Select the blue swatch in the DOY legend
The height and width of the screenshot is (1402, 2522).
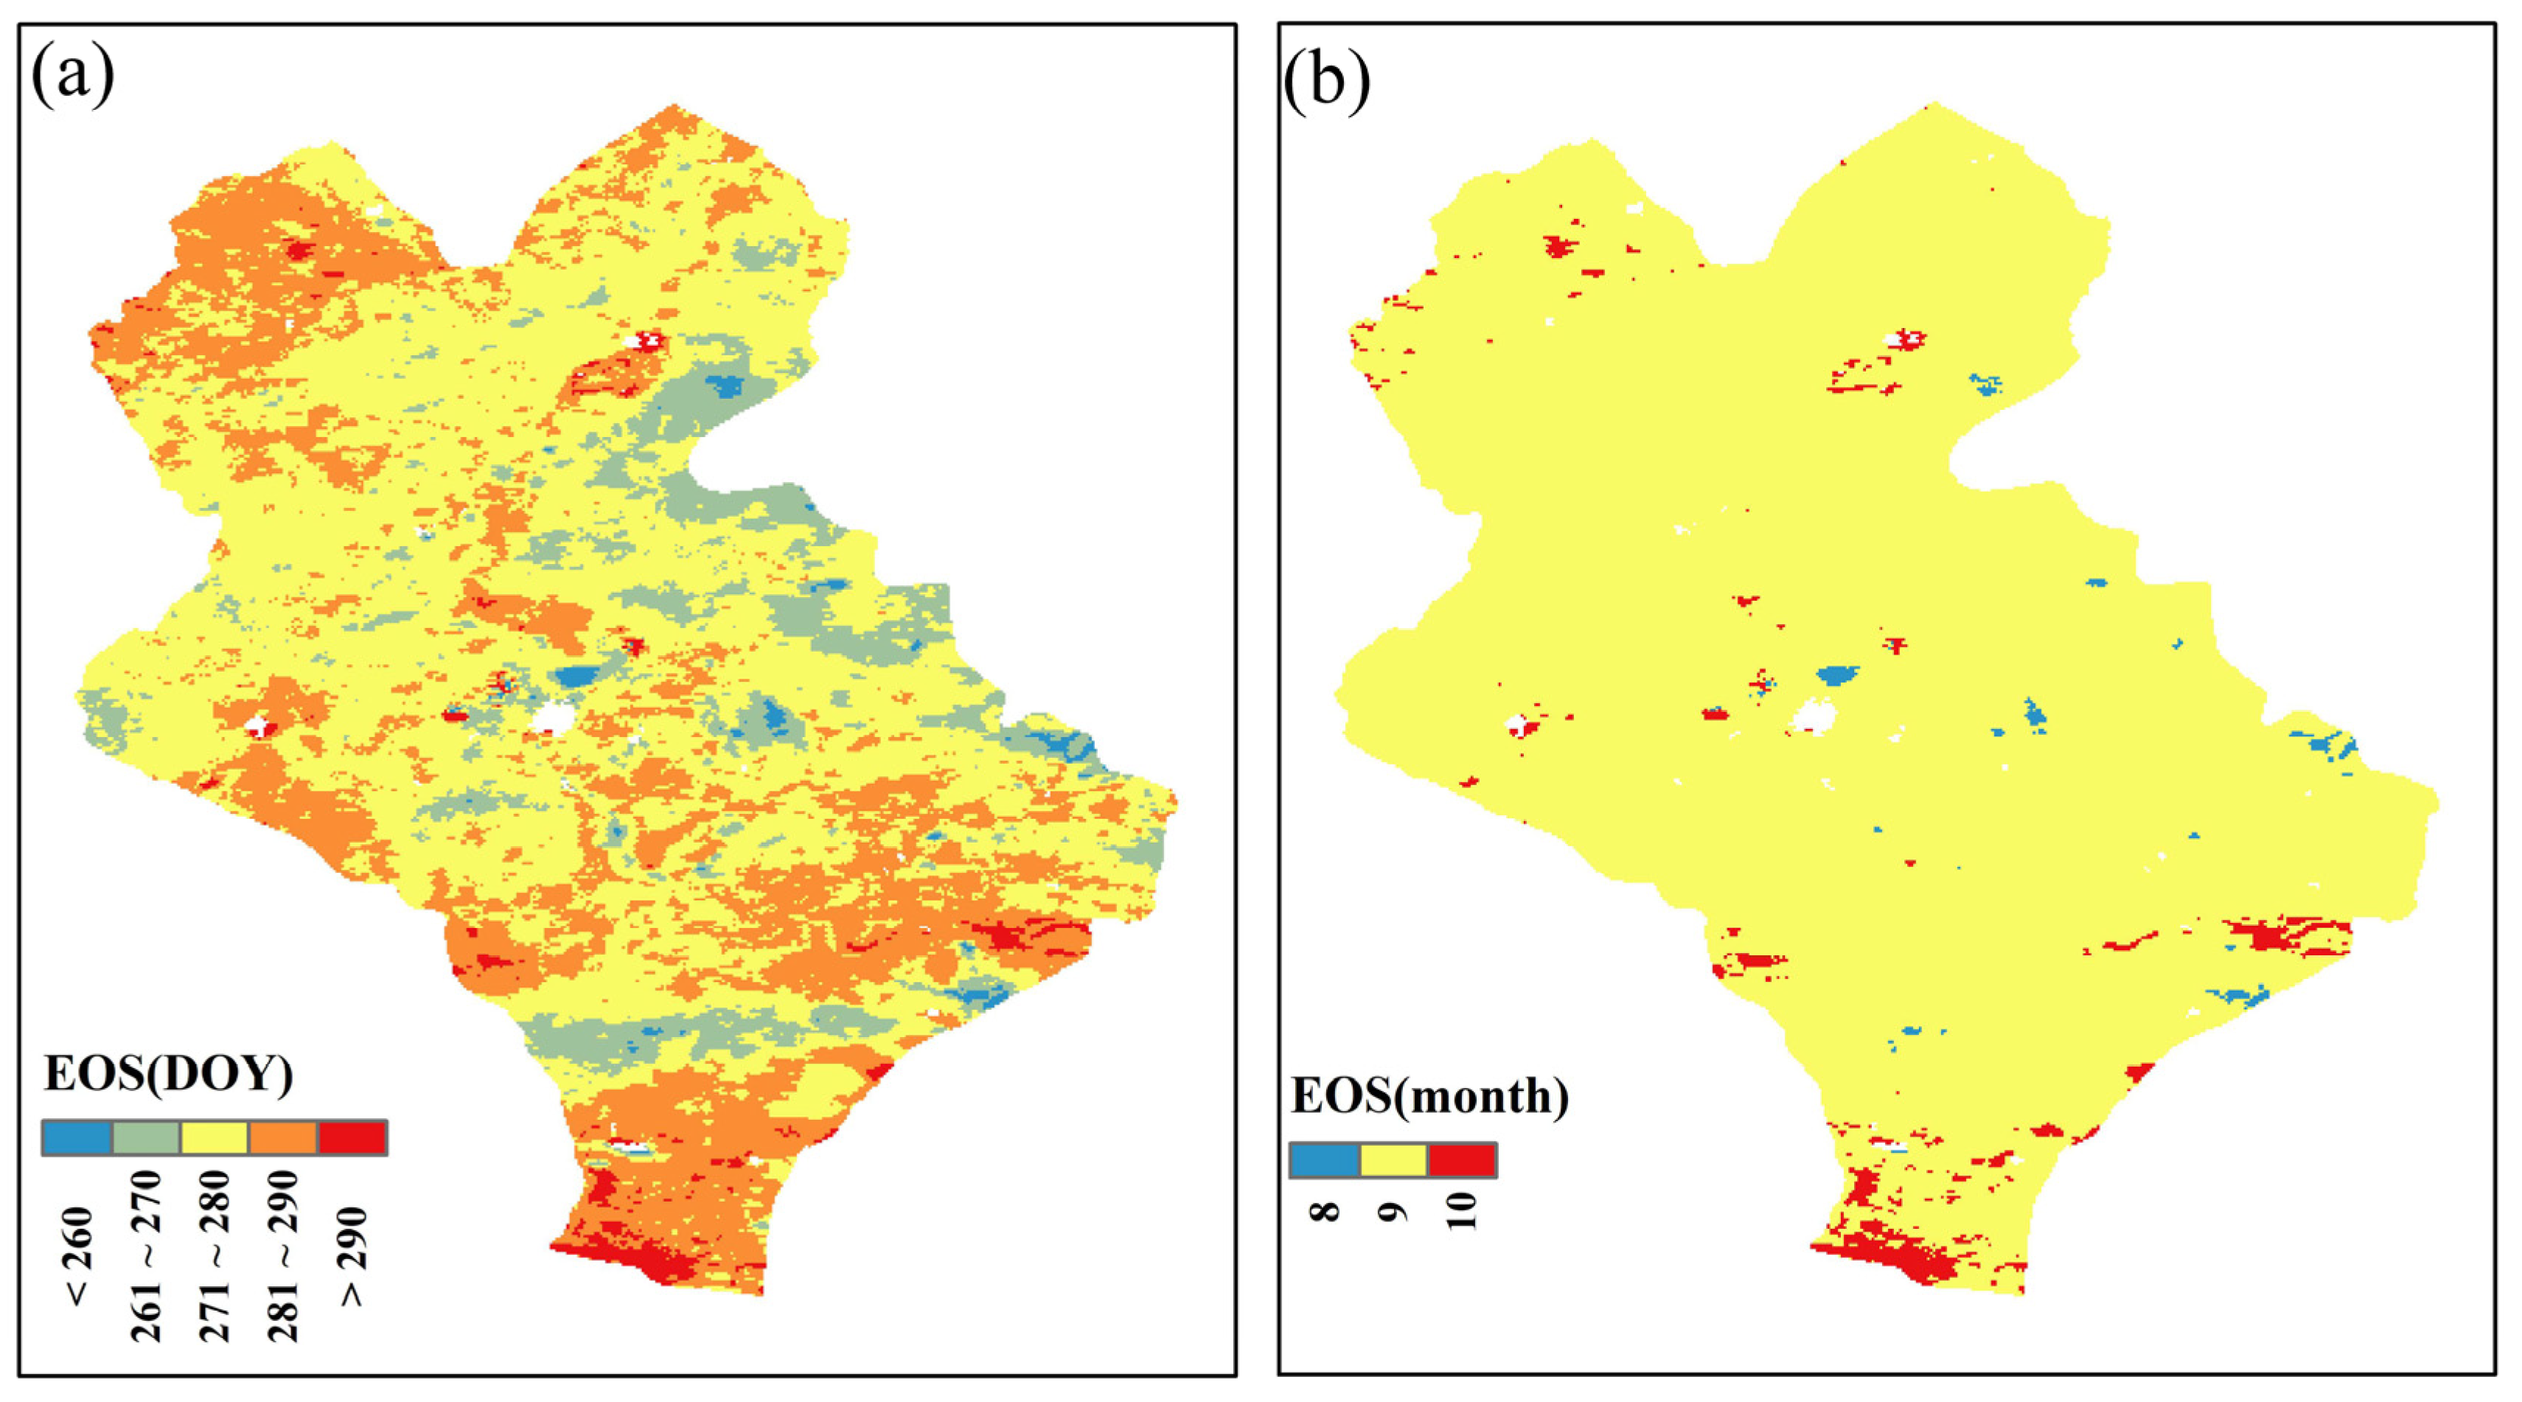[x=77, y=1137]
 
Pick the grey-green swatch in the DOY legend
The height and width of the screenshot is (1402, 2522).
[x=146, y=1137]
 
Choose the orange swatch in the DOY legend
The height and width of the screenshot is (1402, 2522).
[x=283, y=1137]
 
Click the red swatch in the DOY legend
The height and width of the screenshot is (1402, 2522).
[x=352, y=1137]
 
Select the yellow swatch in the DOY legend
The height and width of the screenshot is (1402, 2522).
[x=215, y=1137]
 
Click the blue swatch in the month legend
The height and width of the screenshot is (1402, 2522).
[x=1323, y=1160]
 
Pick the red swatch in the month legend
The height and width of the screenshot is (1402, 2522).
[x=1462, y=1160]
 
